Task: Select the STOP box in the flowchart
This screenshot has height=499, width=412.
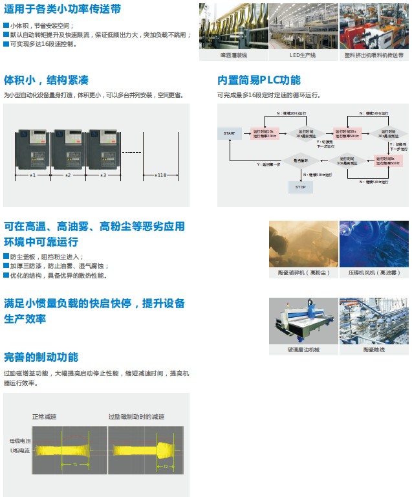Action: point(300,187)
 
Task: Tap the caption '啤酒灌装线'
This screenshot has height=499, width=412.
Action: point(232,56)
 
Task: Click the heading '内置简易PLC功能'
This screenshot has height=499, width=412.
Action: point(259,80)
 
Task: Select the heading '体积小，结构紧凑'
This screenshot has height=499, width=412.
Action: point(46,80)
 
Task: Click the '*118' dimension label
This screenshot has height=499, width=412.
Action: point(161,175)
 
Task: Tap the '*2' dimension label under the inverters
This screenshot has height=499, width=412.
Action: point(68,175)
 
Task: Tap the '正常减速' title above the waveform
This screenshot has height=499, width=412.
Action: point(45,417)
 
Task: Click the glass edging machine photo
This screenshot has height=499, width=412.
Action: point(303,321)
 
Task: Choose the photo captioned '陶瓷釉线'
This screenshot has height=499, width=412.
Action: point(374,321)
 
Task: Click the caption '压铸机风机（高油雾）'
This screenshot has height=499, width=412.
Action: point(374,273)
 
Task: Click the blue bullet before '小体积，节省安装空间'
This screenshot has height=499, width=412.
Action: point(6,25)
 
